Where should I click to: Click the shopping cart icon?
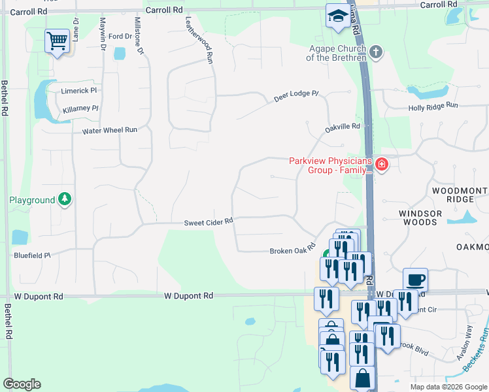point(57,41)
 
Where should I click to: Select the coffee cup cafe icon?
point(415,280)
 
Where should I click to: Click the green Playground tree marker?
point(64,199)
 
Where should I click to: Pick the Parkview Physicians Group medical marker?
point(381,165)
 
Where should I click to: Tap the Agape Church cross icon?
point(375,51)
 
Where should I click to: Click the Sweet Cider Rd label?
point(208,221)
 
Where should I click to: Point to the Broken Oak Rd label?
point(292,250)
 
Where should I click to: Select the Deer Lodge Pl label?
point(295,96)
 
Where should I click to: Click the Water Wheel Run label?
point(109,130)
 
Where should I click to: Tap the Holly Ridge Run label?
point(433,107)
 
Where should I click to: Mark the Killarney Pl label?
point(80,108)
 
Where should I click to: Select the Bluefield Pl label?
point(32,255)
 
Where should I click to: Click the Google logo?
point(22,384)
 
